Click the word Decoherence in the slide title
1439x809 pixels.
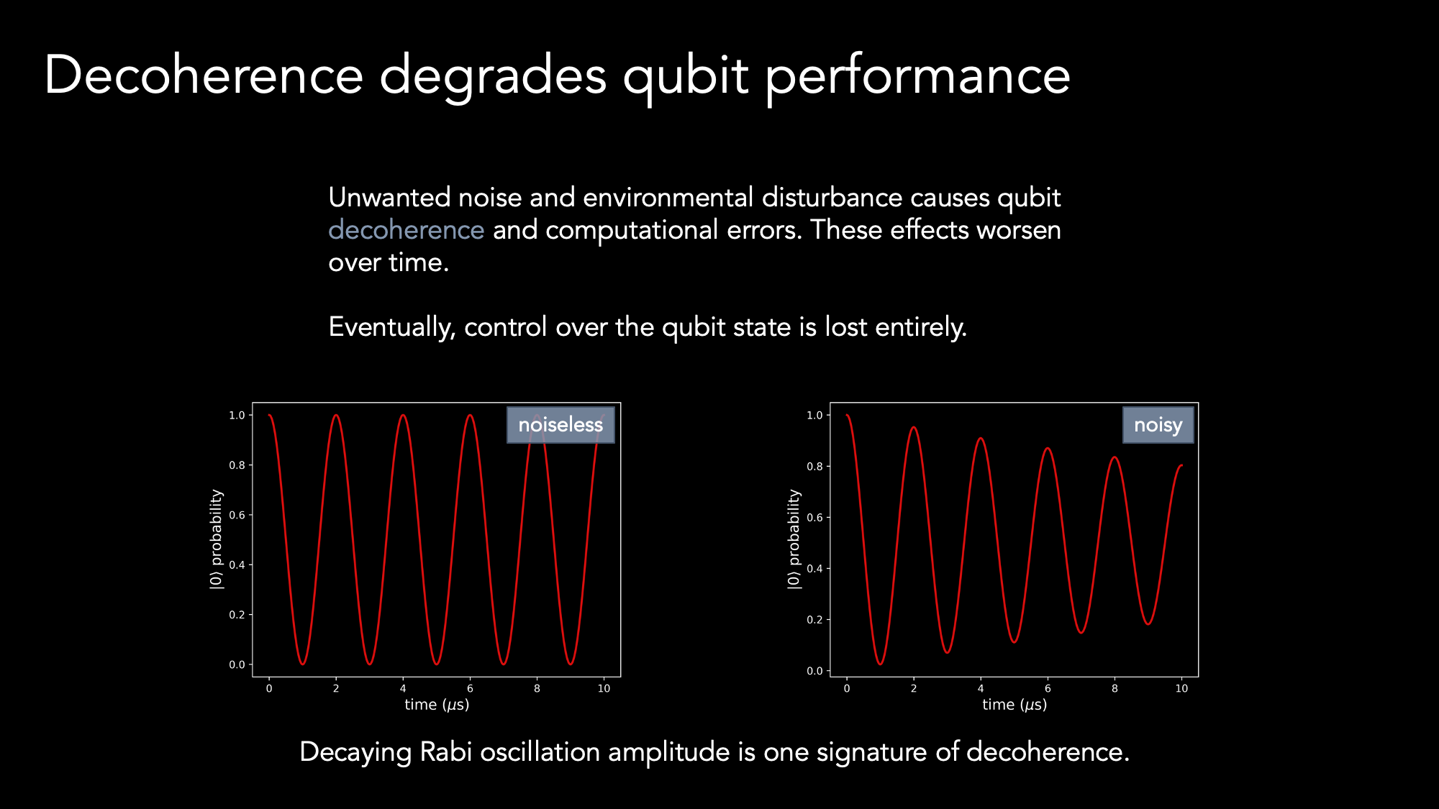pos(204,75)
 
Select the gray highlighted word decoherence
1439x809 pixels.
pos(407,230)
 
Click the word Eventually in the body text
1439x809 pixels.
pos(392,327)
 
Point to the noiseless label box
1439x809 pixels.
pos(560,425)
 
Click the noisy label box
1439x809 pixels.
pos(1158,425)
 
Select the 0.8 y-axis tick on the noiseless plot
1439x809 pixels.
pos(237,465)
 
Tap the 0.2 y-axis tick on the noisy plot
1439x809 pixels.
pos(814,620)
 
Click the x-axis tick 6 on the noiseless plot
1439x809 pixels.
pos(470,689)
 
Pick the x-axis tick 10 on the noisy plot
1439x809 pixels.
pos(1181,689)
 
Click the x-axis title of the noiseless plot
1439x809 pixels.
pos(437,705)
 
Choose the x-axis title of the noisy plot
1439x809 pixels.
pos(1014,705)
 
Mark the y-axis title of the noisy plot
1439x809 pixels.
pos(794,539)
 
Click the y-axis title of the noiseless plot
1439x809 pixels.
pos(216,539)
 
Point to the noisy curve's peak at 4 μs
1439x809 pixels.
pos(981,438)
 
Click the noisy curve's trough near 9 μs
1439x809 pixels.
pos(1148,623)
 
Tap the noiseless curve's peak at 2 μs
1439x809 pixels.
pos(336,415)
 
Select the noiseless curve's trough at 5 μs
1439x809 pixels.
pos(436,664)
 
